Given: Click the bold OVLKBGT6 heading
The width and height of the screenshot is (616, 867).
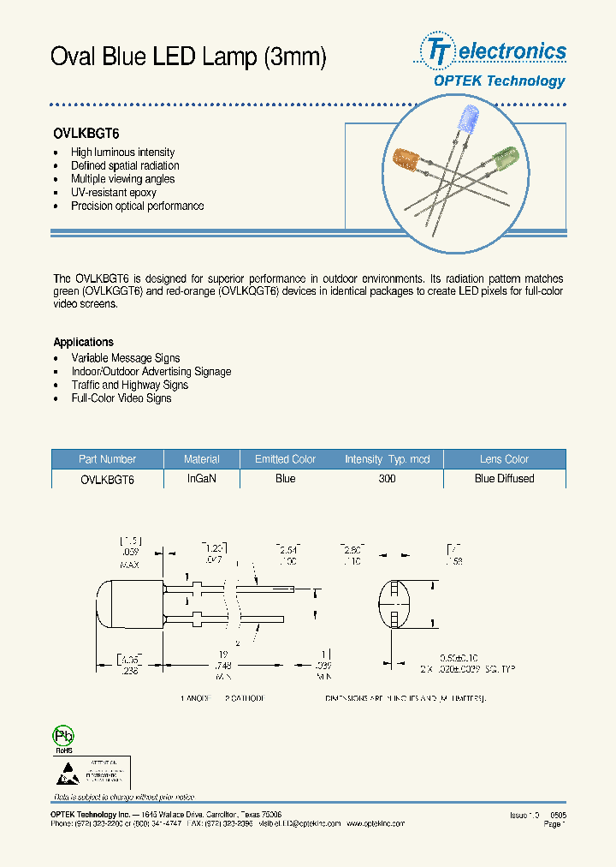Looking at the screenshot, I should tap(86, 134).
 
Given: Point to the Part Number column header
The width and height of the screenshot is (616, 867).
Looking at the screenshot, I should tap(107, 459).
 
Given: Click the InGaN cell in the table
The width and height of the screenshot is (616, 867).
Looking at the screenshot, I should tap(201, 479).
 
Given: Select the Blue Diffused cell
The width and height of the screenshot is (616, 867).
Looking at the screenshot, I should tap(504, 479).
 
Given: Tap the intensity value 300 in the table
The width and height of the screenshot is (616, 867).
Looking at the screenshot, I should tap(387, 479).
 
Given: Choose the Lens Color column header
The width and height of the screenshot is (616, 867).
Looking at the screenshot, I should tap(504, 459).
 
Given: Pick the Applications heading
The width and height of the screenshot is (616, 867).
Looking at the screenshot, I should tap(83, 342).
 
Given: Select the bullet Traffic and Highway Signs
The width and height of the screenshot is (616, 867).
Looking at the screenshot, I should tap(130, 385).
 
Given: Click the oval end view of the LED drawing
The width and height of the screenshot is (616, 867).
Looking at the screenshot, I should tap(396, 604).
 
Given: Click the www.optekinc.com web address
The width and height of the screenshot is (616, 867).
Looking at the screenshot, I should tap(375, 823).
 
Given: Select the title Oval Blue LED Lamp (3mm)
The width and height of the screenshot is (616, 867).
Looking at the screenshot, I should tap(188, 57).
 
